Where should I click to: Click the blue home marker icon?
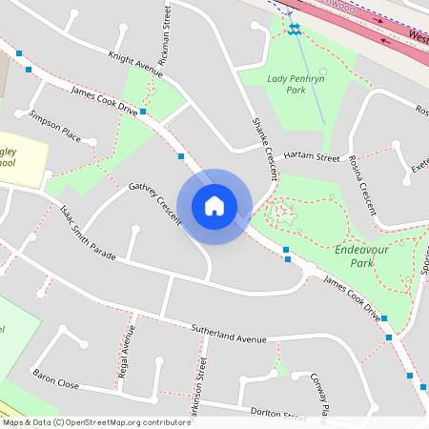point(214,206)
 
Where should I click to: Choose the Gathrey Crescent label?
point(154,203)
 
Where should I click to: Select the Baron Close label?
point(55,378)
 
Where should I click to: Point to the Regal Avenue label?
point(126,353)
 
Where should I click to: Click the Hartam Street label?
point(311,155)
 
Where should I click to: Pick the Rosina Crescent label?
point(363,182)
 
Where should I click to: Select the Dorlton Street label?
point(277,412)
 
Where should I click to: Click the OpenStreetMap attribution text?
point(95,422)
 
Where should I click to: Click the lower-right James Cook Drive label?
point(352,296)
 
